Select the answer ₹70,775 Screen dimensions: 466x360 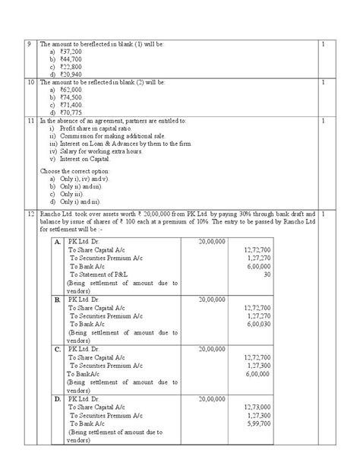[x=61, y=110]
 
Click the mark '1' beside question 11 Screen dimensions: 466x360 [x=323, y=119]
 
